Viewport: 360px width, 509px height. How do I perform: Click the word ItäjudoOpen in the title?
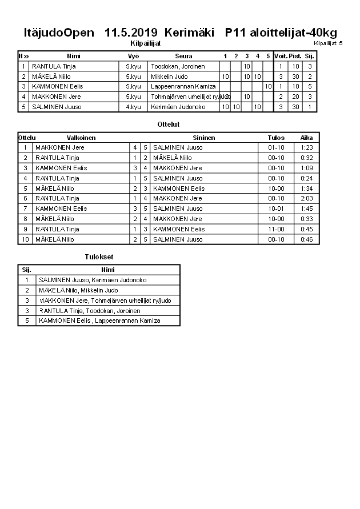click(x=59, y=33)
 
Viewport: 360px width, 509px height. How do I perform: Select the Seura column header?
click(x=183, y=56)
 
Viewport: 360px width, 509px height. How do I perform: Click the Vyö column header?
click(x=133, y=56)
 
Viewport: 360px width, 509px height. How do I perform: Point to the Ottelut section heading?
click(x=168, y=124)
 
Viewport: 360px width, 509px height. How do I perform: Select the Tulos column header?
click(x=276, y=138)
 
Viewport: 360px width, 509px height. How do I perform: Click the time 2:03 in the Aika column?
click(x=306, y=198)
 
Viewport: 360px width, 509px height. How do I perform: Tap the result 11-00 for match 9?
click(x=276, y=229)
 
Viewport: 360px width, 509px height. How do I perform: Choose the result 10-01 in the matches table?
click(x=276, y=209)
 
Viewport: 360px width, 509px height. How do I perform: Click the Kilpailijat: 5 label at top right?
click(x=328, y=43)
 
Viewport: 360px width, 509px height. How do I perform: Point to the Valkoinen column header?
click(x=81, y=138)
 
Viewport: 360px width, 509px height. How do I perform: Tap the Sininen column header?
click(x=204, y=138)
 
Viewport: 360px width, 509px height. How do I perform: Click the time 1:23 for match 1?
click(x=306, y=147)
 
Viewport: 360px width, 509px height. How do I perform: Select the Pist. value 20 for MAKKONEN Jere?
click(x=295, y=97)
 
